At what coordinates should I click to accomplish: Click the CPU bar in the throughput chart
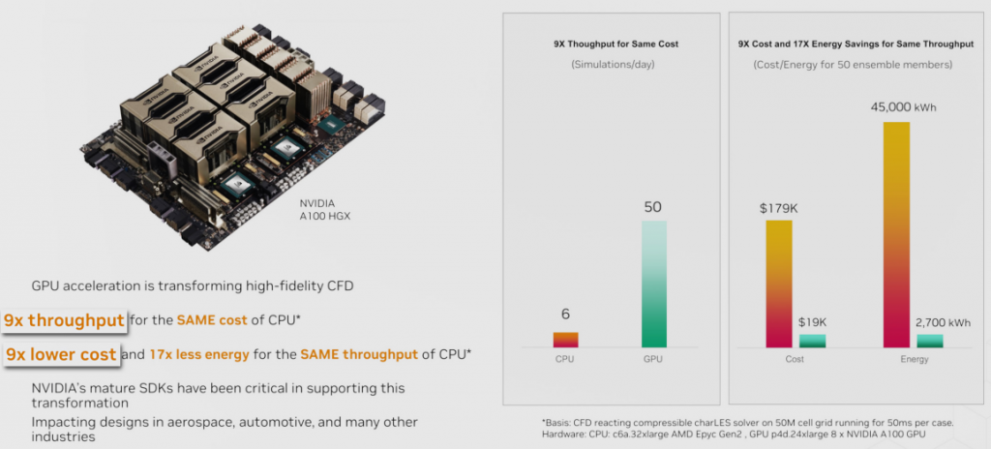point(565,340)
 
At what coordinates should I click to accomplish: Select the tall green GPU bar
point(654,284)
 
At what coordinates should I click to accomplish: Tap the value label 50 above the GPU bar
point(654,207)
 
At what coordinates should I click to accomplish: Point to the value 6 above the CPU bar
point(565,314)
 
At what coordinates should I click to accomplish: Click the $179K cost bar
point(779,284)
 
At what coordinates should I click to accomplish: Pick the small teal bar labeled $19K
point(812,341)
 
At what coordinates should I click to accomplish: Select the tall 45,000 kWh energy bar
point(897,234)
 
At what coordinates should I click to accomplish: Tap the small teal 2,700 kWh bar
point(930,341)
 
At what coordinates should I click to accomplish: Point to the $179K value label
point(779,206)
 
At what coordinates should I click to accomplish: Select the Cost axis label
point(796,360)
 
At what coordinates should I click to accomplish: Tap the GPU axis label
point(654,359)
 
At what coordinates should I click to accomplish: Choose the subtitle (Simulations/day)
point(612,65)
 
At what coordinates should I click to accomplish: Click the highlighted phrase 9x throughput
point(64,320)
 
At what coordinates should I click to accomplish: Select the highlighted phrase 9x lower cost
point(61,354)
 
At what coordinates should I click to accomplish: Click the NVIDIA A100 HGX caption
point(326,210)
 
